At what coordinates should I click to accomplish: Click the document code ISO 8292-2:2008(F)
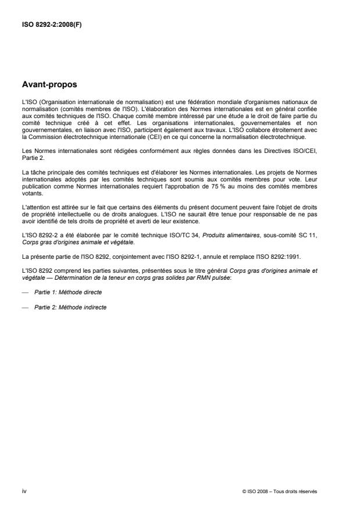(51, 26)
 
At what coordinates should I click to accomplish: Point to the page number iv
(23, 491)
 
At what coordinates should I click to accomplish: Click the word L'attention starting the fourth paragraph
(34, 208)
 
